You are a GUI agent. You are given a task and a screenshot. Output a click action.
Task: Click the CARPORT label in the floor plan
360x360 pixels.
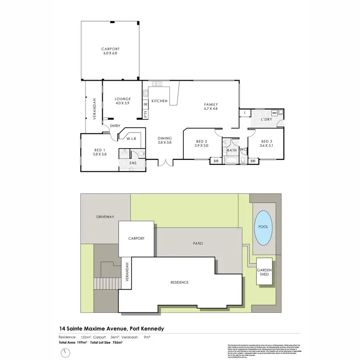pos(110,49)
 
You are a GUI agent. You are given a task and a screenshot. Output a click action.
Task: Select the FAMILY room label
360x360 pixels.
pos(211,104)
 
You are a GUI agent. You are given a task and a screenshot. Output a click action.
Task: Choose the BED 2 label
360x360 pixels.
pos(202,141)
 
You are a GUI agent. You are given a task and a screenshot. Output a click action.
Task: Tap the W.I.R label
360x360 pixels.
pos(132,139)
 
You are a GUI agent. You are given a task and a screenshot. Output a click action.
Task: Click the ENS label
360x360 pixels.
pos(133,163)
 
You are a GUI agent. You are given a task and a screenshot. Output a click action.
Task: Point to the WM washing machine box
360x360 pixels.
pos(274,113)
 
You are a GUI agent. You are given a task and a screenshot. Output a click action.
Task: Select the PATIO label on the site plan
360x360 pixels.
pos(198,243)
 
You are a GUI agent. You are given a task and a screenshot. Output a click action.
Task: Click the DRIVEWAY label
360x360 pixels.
pos(104,217)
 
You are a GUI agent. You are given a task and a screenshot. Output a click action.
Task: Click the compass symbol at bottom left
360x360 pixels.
pos(66,353)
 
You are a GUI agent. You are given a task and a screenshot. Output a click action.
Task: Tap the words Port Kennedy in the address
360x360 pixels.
pos(144,328)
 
